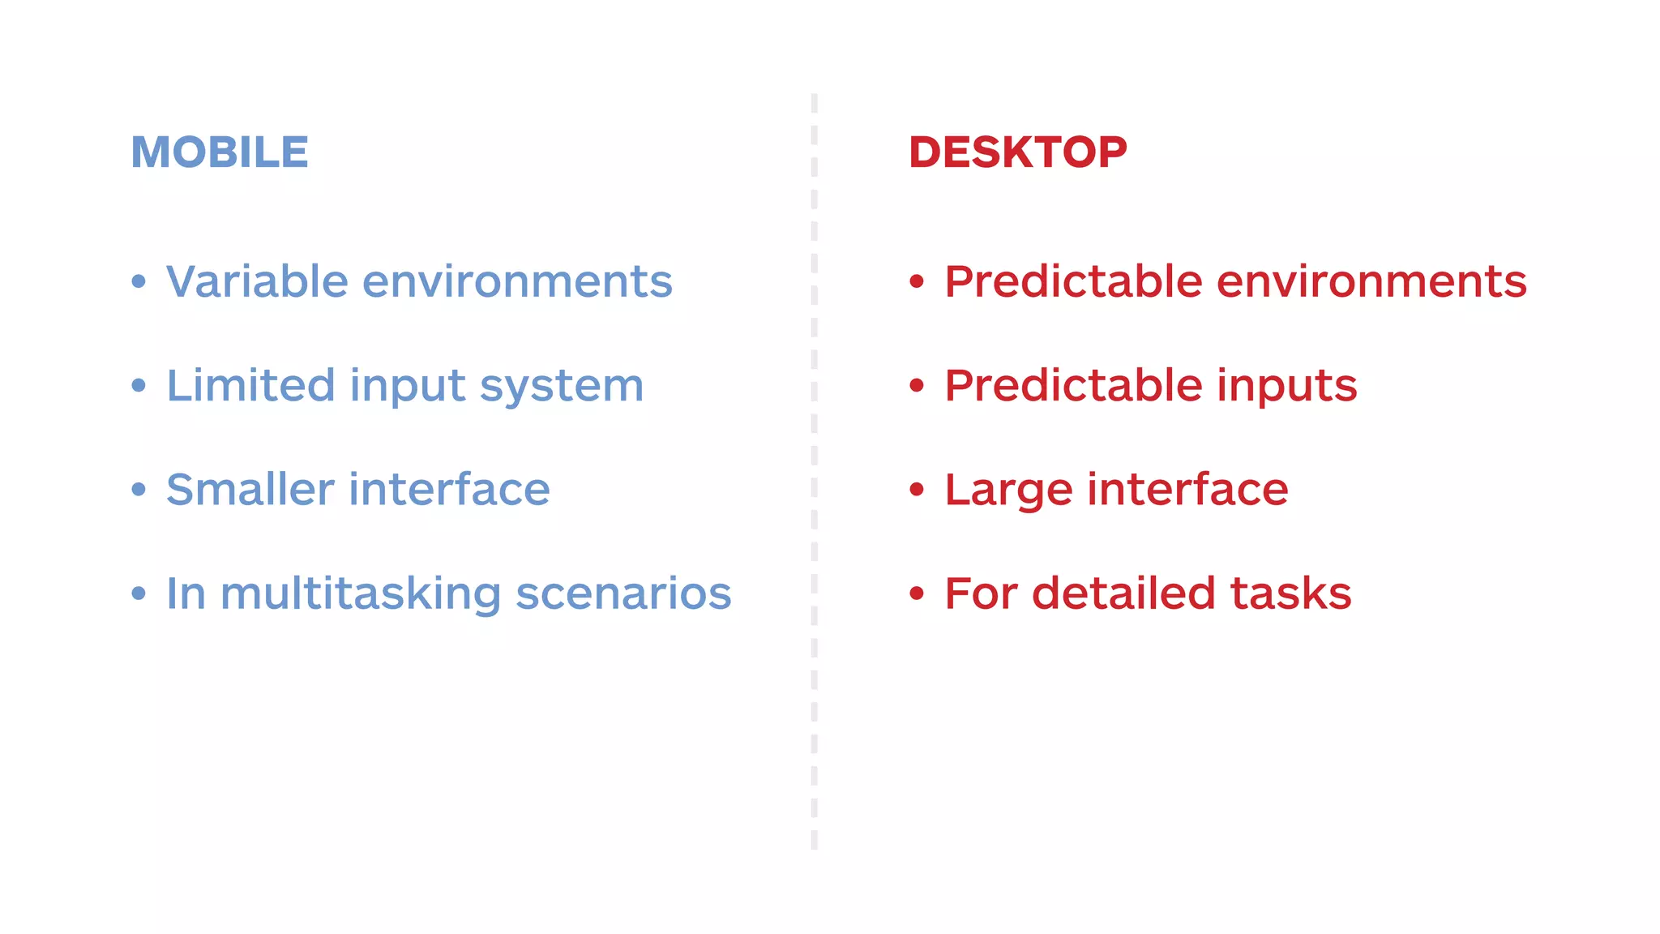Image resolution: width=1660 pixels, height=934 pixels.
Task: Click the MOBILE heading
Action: click(x=220, y=152)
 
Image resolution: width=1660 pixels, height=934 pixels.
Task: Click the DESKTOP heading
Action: click(x=1017, y=152)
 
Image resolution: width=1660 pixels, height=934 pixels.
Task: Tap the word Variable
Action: click(x=257, y=281)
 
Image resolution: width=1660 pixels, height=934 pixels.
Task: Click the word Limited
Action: click(x=250, y=385)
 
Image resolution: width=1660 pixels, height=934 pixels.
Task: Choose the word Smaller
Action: click(x=250, y=489)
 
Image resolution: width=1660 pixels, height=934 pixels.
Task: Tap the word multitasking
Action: click(x=361, y=593)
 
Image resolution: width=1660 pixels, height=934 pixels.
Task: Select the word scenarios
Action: click(x=623, y=593)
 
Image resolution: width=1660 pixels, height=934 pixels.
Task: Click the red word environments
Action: click(x=1371, y=281)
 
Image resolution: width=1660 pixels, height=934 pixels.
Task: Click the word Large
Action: click(x=1008, y=491)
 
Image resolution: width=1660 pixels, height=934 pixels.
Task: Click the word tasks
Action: click(x=1290, y=593)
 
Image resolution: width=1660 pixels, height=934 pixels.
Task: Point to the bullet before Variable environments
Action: click(x=139, y=281)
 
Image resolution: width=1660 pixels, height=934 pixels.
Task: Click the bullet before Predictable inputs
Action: click(x=917, y=385)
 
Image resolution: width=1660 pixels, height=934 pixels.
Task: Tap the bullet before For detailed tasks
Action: click(x=917, y=593)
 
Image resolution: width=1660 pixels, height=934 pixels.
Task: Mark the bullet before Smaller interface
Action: click(x=139, y=489)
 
